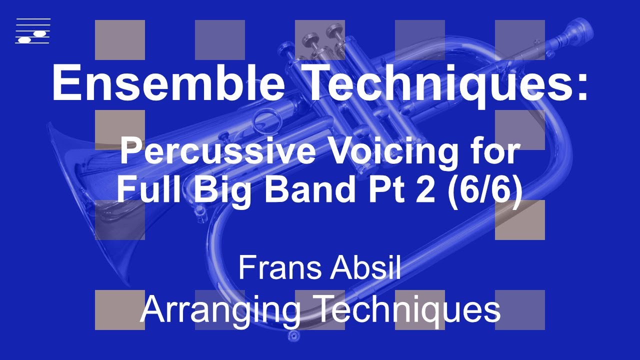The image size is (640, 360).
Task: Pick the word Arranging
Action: click(x=220, y=308)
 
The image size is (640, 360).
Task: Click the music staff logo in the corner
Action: click(x=33, y=31)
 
